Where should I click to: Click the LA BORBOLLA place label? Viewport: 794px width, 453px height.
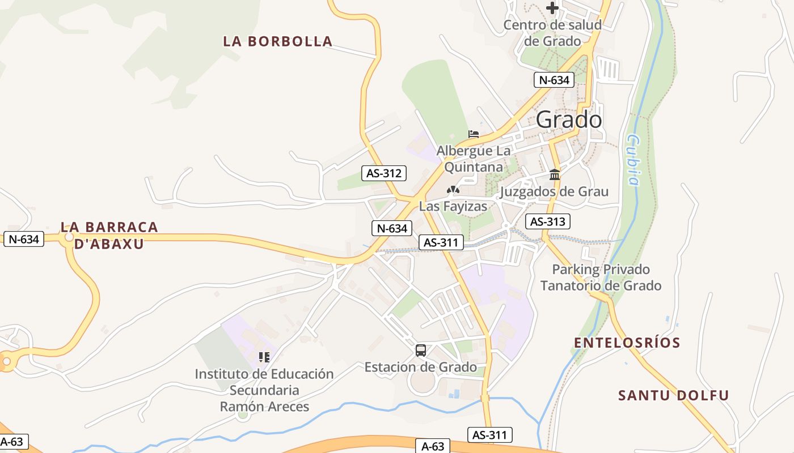click(277, 41)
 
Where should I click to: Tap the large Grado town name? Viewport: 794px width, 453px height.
click(569, 119)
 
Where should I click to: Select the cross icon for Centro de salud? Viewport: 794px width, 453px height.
click(552, 8)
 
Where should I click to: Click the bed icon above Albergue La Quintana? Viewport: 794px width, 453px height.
click(474, 134)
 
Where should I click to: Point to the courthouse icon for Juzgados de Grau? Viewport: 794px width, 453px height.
click(555, 174)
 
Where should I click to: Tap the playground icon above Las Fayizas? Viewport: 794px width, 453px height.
click(453, 190)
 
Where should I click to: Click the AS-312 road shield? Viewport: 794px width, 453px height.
click(384, 173)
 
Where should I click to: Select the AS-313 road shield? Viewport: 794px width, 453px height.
click(547, 221)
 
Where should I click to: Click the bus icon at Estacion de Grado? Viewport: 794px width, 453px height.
click(420, 350)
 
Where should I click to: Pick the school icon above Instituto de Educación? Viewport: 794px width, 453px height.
click(264, 357)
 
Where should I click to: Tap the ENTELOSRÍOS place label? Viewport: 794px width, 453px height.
click(627, 343)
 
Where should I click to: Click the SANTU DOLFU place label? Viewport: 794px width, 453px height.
click(673, 395)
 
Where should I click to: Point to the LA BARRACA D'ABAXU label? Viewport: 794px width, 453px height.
click(109, 235)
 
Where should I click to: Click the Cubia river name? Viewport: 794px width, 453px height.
click(633, 160)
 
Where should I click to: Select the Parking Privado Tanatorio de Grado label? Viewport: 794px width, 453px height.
click(601, 277)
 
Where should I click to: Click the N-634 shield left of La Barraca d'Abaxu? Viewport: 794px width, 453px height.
click(24, 239)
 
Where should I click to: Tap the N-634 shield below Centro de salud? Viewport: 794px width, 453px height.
click(554, 80)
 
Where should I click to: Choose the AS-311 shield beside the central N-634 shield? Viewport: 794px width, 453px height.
click(441, 243)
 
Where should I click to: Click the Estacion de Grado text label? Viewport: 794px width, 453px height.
click(420, 367)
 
